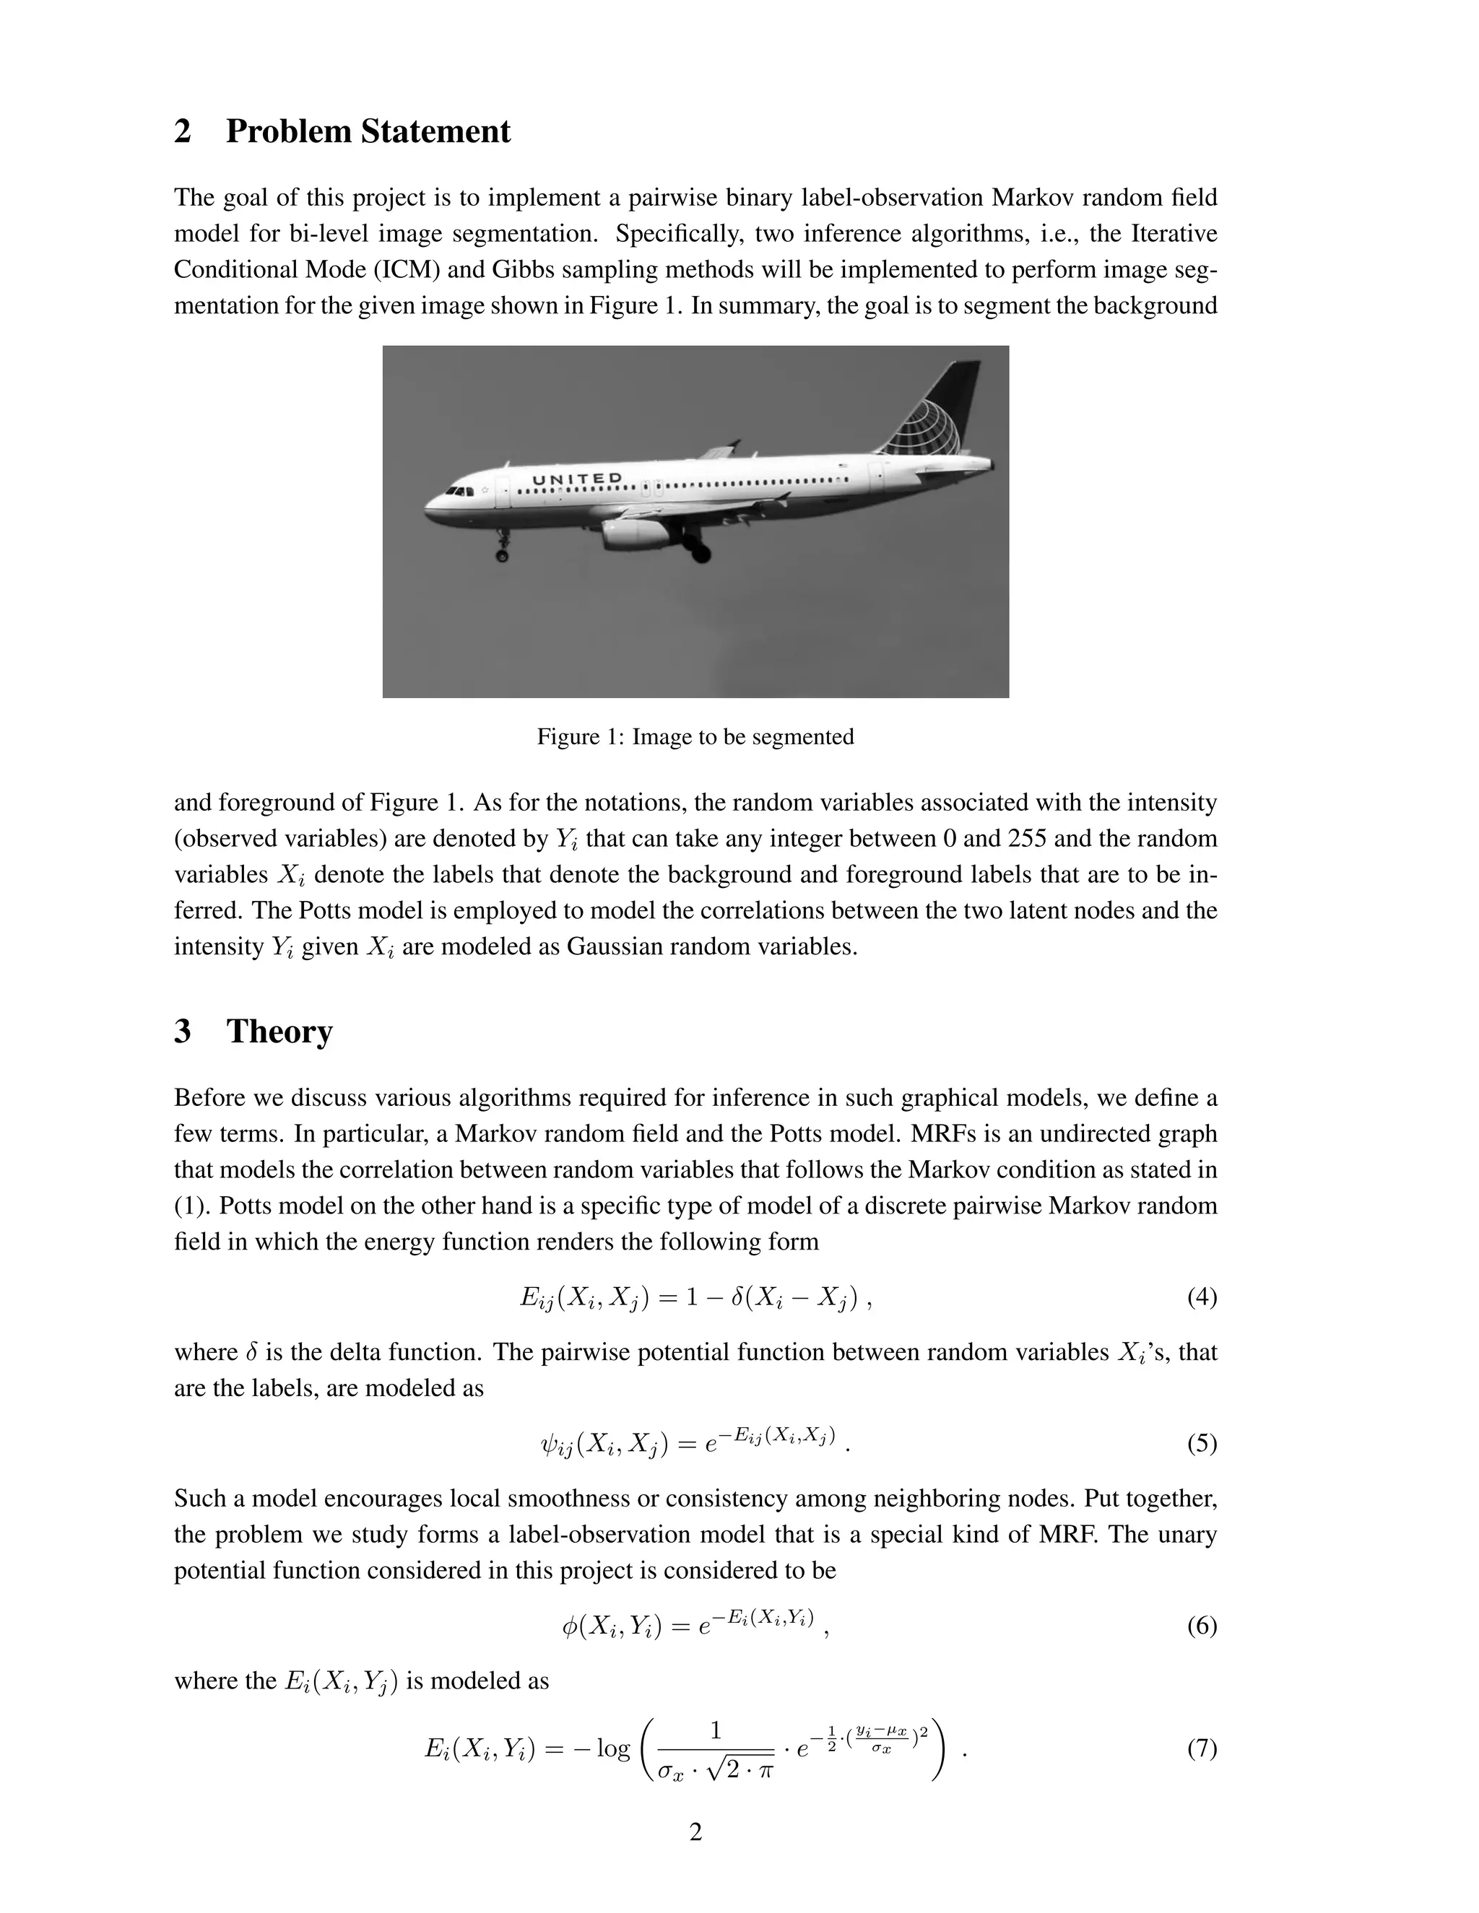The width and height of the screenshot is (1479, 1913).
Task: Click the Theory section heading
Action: click(279, 1032)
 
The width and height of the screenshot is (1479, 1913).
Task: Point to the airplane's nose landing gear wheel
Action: click(502, 555)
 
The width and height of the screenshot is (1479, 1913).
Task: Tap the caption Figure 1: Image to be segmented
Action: click(695, 736)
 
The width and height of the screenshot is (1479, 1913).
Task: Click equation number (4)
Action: click(1201, 1297)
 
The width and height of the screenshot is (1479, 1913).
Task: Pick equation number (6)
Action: click(1201, 1626)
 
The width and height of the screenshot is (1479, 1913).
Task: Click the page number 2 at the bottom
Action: click(695, 1831)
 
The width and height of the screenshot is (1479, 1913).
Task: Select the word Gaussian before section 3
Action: click(604, 948)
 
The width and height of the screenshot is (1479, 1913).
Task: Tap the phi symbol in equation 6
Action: click(571, 1626)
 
